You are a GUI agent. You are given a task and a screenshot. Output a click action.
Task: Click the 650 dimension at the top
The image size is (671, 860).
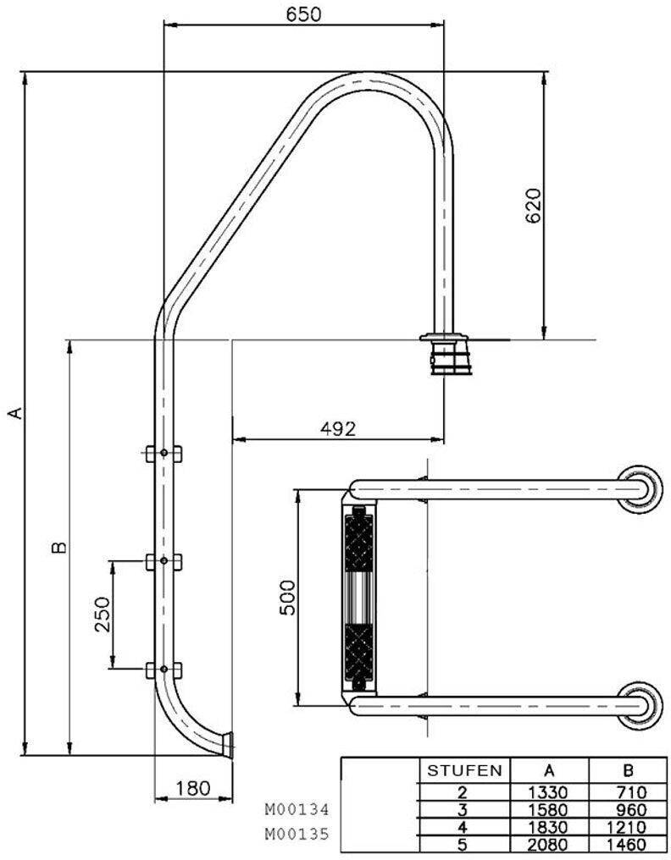click(303, 14)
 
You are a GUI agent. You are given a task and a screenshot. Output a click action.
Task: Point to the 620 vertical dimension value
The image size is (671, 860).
click(533, 206)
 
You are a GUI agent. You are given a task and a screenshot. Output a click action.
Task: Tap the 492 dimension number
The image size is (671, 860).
click(338, 428)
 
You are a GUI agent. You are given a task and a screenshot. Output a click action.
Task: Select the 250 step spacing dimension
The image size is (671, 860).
click(103, 615)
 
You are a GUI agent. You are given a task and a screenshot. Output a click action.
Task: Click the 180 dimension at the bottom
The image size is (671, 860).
click(193, 788)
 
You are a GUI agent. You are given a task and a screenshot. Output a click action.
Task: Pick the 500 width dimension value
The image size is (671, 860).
click(287, 598)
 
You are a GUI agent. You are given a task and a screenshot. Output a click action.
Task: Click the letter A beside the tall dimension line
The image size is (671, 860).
click(17, 412)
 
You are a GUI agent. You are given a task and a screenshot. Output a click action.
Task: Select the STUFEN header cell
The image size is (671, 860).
click(464, 770)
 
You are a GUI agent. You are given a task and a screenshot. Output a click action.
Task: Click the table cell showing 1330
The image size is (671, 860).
click(549, 792)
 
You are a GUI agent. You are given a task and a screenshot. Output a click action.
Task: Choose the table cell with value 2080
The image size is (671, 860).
click(549, 845)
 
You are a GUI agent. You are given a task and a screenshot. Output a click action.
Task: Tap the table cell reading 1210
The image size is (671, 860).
click(628, 827)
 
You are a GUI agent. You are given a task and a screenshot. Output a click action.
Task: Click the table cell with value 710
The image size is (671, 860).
click(628, 792)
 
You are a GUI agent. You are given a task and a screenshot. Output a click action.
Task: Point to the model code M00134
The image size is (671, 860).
click(297, 809)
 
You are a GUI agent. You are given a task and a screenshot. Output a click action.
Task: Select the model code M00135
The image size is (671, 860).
click(297, 834)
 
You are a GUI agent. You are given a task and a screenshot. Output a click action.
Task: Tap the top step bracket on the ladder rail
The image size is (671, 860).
click(164, 454)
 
